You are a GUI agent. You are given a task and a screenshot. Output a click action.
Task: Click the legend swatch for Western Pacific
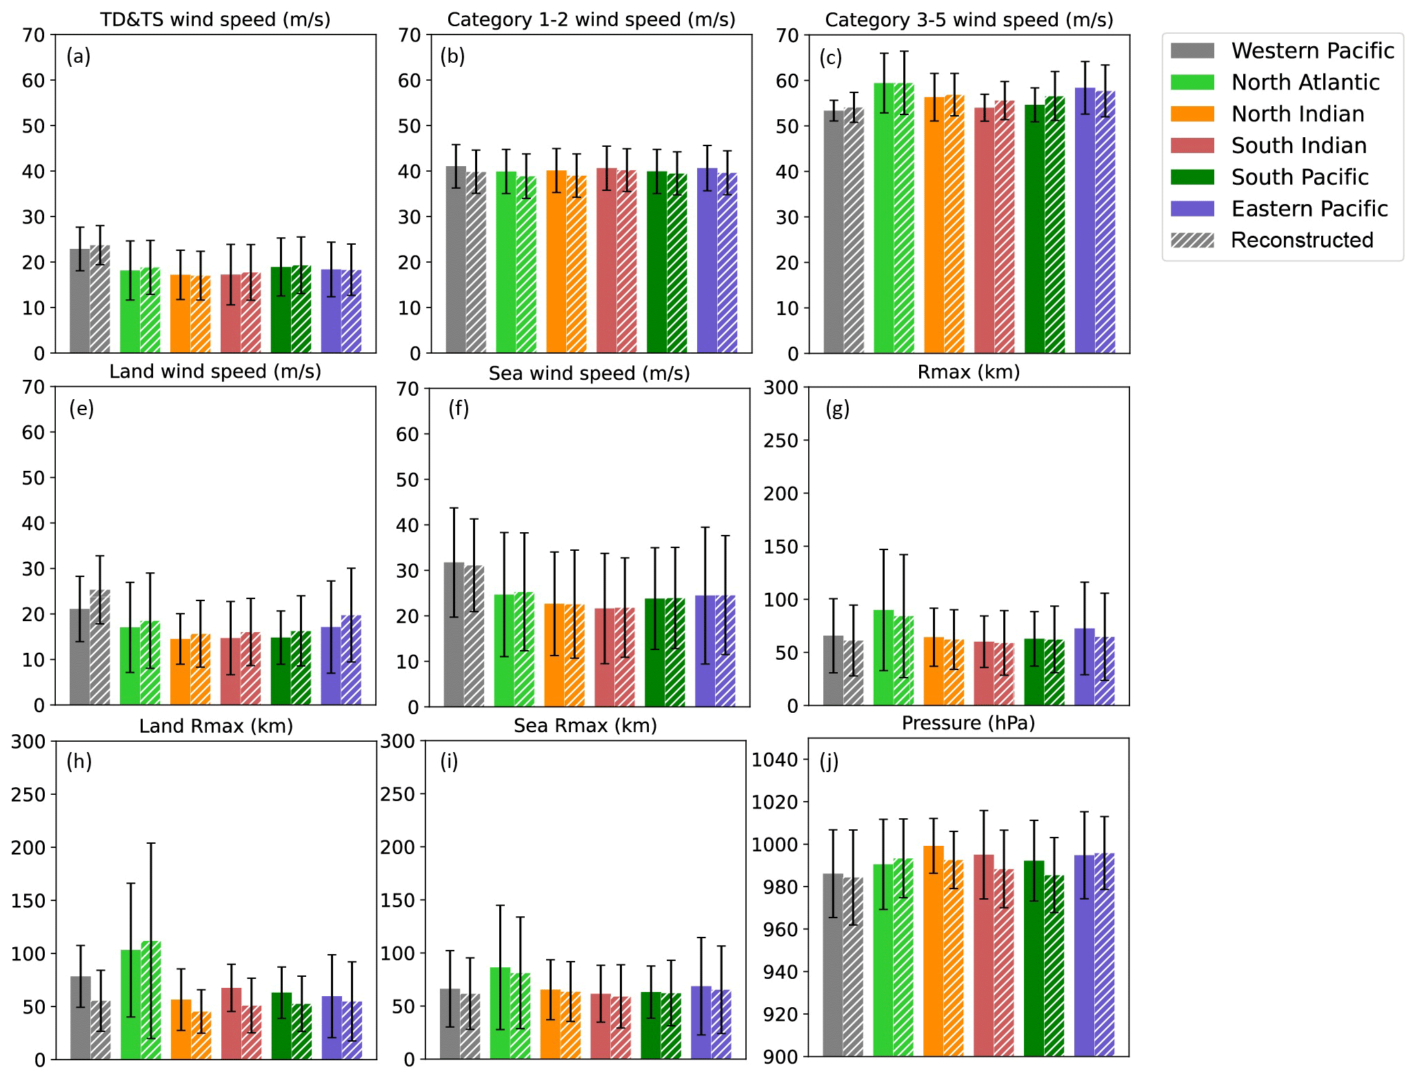coord(1192,50)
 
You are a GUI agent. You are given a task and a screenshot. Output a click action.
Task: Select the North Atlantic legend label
coord(1305,82)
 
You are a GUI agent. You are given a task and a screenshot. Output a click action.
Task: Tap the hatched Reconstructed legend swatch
coord(1192,240)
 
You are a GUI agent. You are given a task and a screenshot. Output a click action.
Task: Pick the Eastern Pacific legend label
coord(1309,208)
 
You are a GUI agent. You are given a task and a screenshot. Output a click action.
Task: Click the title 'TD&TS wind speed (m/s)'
coord(215,19)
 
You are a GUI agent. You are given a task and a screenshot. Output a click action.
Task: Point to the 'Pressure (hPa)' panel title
coord(968,722)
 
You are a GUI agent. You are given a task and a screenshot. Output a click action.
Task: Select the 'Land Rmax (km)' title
coord(216,726)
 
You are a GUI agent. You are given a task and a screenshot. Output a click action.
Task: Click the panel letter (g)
coord(837,409)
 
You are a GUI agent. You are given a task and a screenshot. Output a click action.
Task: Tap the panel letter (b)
coord(452,57)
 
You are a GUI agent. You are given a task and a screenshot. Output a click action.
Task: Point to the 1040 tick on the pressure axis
coord(774,760)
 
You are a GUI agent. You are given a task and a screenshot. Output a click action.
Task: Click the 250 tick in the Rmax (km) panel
coord(783,441)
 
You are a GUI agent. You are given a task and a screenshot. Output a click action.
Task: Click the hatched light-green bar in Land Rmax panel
coord(151,1000)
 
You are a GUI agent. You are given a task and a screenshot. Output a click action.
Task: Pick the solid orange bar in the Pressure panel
coord(934,951)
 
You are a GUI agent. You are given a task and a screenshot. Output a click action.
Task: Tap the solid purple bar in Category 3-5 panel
coord(1085,221)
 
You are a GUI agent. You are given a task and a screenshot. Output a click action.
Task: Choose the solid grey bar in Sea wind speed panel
coord(454,634)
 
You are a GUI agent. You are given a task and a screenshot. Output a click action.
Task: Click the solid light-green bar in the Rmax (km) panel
coord(883,658)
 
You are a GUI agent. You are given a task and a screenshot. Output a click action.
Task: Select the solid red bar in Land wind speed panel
coord(230,671)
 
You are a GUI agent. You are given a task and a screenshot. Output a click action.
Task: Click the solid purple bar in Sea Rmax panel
coord(701,1023)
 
